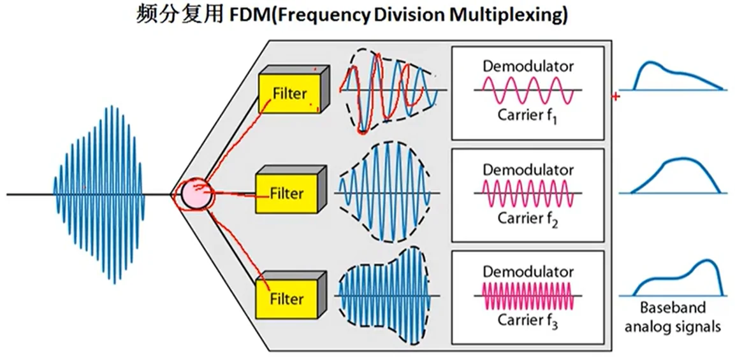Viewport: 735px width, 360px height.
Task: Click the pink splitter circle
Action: tap(194, 194)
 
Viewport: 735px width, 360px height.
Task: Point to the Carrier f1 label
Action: tap(527, 117)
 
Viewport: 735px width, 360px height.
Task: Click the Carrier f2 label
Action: tap(527, 219)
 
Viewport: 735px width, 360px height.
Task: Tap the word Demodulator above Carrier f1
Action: tap(527, 66)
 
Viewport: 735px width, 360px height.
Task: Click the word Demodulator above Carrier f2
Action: tap(527, 170)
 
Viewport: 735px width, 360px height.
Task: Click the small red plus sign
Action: tap(615, 97)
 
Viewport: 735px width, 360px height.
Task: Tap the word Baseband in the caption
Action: tap(673, 308)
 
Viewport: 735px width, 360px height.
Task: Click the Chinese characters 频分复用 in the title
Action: tap(178, 15)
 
